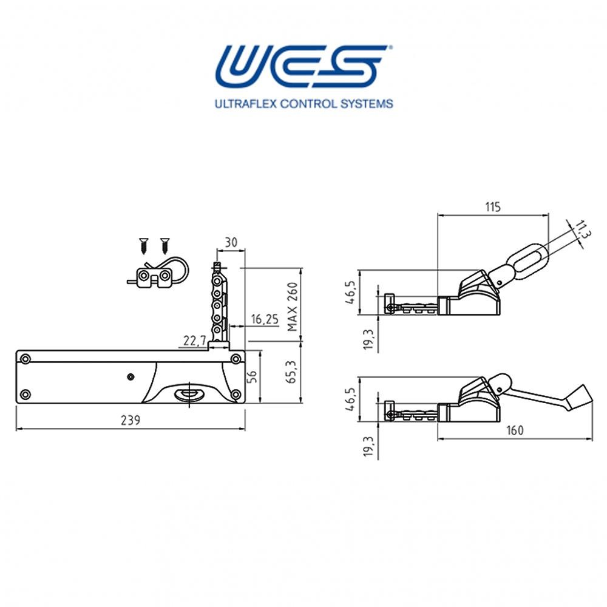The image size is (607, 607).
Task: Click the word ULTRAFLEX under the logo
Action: tap(245, 104)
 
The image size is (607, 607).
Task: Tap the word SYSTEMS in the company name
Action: tap(367, 104)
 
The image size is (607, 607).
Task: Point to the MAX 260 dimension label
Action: tap(293, 307)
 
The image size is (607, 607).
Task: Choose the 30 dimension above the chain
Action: tap(231, 242)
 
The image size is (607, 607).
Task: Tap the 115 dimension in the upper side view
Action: tap(492, 207)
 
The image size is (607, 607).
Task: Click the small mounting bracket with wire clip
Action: tap(157, 276)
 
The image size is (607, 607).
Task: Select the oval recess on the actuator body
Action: tap(189, 395)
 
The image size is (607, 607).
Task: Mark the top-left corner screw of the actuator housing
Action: tap(25, 359)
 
